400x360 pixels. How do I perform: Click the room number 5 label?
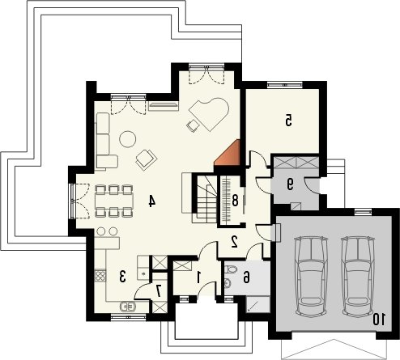tap(288, 121)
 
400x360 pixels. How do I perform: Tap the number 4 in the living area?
tap(152, 201)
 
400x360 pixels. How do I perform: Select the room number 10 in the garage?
tap(379, 319)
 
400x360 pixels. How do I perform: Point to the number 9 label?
tap(290, 184)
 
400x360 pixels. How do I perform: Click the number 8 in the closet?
tap(235, 201)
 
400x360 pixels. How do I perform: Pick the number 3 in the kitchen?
tap(123, 277)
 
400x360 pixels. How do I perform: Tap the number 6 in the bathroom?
tap(246, 277)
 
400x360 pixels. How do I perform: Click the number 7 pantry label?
tap(159, 291)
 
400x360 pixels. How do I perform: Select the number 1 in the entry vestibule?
tap(199, 277)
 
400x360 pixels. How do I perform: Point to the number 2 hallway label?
tap(234, 242)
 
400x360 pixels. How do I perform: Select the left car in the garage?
tap(311, 276)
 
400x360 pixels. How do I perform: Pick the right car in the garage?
tap(358, 276)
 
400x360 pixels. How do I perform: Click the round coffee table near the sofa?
tap(127, 139)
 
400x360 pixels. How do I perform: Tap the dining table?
tap(114, 201)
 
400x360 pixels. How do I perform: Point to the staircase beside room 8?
tap(206, 199)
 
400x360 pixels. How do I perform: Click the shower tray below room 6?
tap(258, 304)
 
